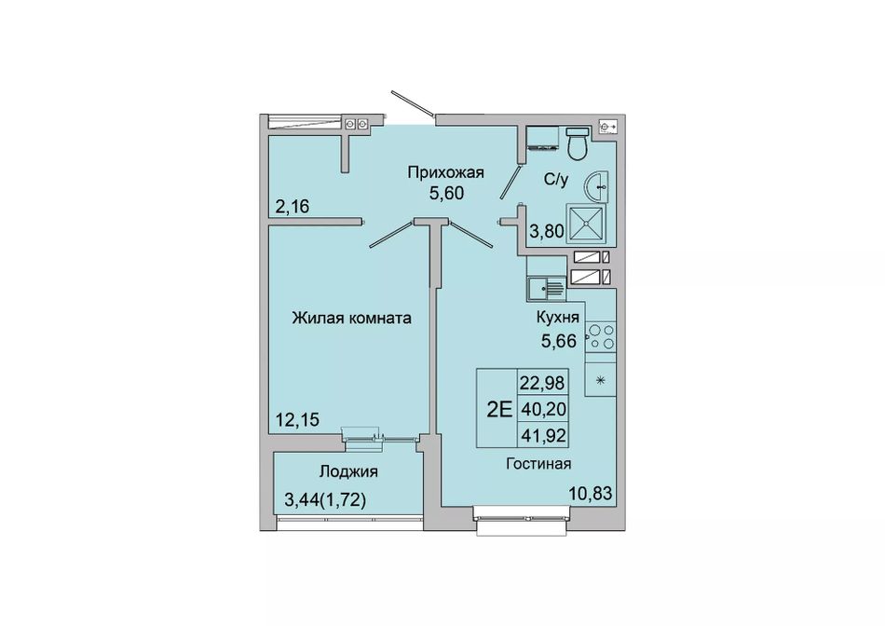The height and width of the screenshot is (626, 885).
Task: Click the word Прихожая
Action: [x=446, y=172]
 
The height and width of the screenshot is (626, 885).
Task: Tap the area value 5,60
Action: [x=446, y=193]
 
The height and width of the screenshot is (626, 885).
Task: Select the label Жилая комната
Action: [x=351, y=319]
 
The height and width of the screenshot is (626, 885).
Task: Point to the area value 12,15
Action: [x=297, y=419]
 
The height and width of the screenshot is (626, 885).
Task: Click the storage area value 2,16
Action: [x=293, y=207]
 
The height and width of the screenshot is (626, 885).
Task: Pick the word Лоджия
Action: [x=348, y=471]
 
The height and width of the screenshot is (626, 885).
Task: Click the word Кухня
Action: [x=558, y=318]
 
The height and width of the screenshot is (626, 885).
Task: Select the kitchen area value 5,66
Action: [x=559, y=341]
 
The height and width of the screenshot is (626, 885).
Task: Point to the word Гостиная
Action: [x=538, y=464]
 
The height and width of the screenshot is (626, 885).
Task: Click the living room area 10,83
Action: [x=590, y=494]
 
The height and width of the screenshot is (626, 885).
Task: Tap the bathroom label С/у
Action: [x=556, y=180]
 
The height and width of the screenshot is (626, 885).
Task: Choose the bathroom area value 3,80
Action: [x=547, y=230]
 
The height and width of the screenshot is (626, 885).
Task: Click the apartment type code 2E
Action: [x=499, y=409]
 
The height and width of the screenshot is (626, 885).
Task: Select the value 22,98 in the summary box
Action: [x=542, y=383]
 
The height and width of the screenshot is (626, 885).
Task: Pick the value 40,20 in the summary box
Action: [x=542, y=409]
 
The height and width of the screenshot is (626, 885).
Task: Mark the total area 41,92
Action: [x=542, y=435]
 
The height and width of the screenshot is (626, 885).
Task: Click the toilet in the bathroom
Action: [x=578, y=143]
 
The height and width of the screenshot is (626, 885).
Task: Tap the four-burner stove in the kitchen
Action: [x=601, y=337]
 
